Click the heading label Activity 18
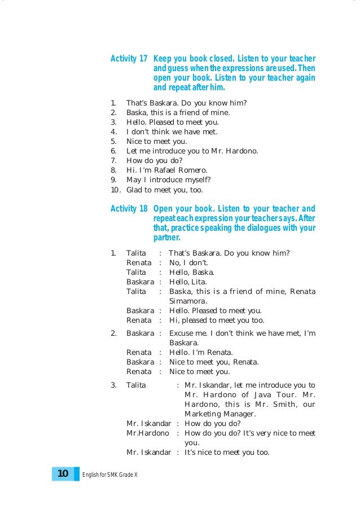pos(129,209)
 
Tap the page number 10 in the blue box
pos(63,473)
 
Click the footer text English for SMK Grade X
pos(110,474)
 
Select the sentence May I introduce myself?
pos(168,180)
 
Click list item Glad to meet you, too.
pos(164,190)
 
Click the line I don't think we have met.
pos(172,131)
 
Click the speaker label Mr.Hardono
pos(147,433)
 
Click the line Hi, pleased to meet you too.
pos(217,320)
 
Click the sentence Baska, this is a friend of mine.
pos(178,112)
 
